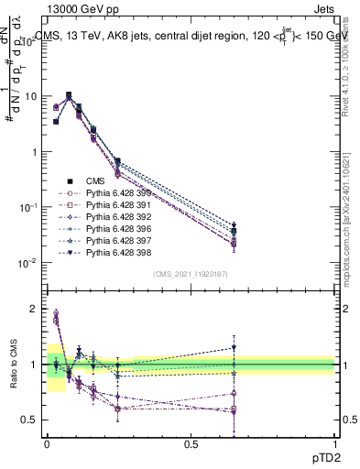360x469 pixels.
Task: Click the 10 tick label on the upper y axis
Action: [x=30, y=96]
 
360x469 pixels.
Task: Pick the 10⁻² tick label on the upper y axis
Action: [x=27, y=263]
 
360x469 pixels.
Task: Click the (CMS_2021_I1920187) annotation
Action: [x=191, y=274]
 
